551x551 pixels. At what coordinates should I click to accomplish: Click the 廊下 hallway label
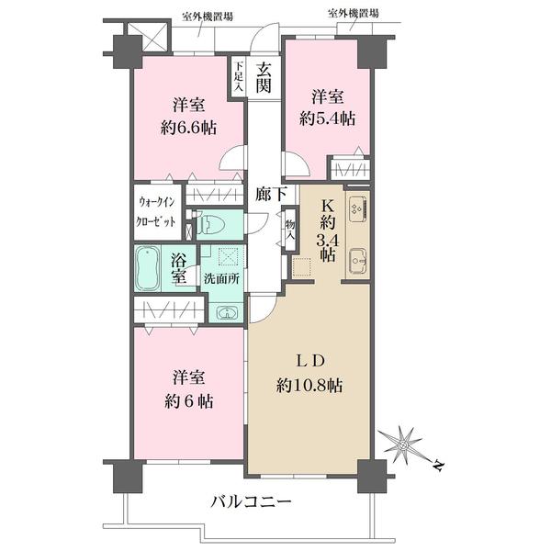point(267,194)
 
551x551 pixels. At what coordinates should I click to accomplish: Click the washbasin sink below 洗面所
point(224,311)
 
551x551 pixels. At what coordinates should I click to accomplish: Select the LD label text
point(309,359)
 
